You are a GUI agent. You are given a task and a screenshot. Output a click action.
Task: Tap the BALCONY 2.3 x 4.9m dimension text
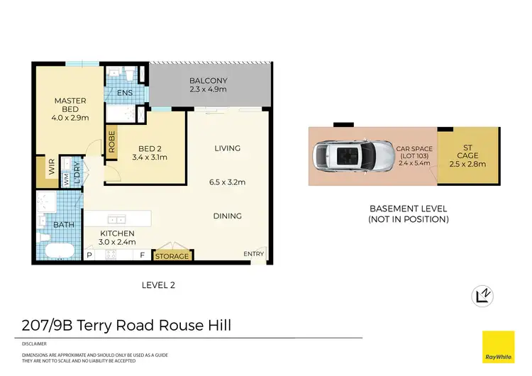(208, 90)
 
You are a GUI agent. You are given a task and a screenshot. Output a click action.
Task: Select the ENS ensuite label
(125, 93)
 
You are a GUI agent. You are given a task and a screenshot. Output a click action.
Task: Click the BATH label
(63, 225)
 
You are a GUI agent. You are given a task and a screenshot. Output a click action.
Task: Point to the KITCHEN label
(117, 233)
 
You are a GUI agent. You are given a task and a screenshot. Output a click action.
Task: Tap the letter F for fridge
(142, 255)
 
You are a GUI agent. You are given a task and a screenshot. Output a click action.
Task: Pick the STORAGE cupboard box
(172, 255)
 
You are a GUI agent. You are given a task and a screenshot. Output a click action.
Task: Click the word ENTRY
(253, 254)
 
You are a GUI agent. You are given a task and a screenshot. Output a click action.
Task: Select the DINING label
(227, 216)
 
